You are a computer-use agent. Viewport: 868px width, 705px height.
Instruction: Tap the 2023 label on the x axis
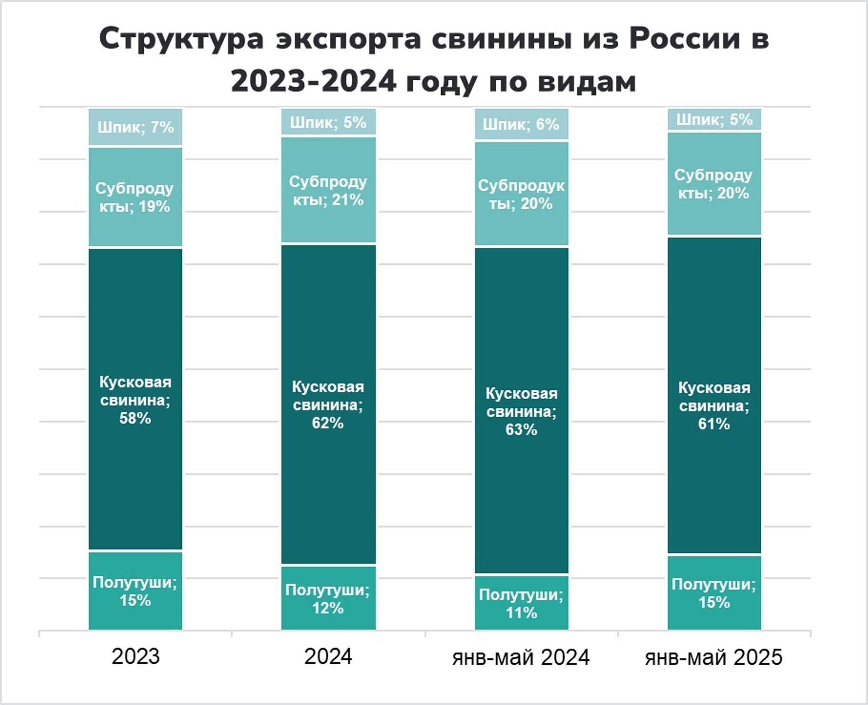coord(135,657)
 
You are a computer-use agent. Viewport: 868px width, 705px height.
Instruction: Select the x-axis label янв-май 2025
coord(713,657)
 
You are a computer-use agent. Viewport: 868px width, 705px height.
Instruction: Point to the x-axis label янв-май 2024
coord(521,657)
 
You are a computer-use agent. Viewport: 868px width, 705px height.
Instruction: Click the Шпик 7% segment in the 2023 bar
coord(135,127)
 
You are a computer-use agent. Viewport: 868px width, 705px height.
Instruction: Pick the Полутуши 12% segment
coord(328,598)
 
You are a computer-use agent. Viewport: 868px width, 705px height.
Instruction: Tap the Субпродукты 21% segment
coord(328,190)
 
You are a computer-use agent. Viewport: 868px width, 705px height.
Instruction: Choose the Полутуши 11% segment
coord(521,603)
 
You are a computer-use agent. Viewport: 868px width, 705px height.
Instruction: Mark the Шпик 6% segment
coord(521,124)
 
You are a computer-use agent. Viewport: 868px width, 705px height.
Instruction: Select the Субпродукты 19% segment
coord(135,197)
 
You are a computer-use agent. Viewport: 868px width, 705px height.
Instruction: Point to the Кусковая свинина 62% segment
coord(328,404)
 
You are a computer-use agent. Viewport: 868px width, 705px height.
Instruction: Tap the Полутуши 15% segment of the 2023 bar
coord(135,591)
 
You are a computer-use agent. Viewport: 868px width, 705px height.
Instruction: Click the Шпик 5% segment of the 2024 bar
coord(328,122)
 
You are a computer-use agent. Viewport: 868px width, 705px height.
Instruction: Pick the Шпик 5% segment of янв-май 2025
coord(714,119)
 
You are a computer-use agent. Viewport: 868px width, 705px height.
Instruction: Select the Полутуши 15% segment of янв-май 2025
coord(714,593)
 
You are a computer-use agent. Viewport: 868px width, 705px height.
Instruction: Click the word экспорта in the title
coord(348,39)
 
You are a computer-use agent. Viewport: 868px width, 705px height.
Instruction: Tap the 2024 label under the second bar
coord(328,657)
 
